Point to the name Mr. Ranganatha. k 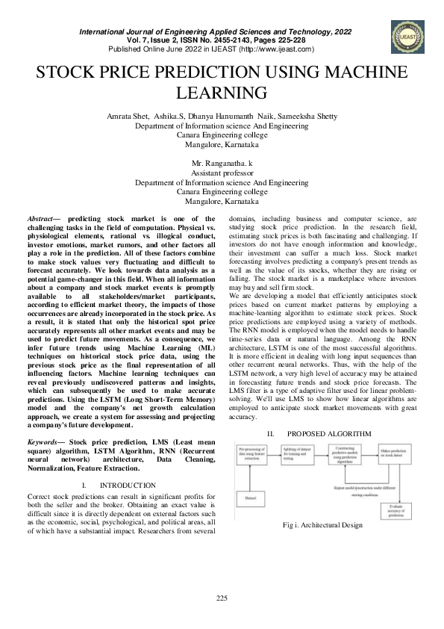point(222,162)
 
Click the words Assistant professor point(222,172)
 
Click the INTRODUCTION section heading point(133,485)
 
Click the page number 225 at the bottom point(222,597)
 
